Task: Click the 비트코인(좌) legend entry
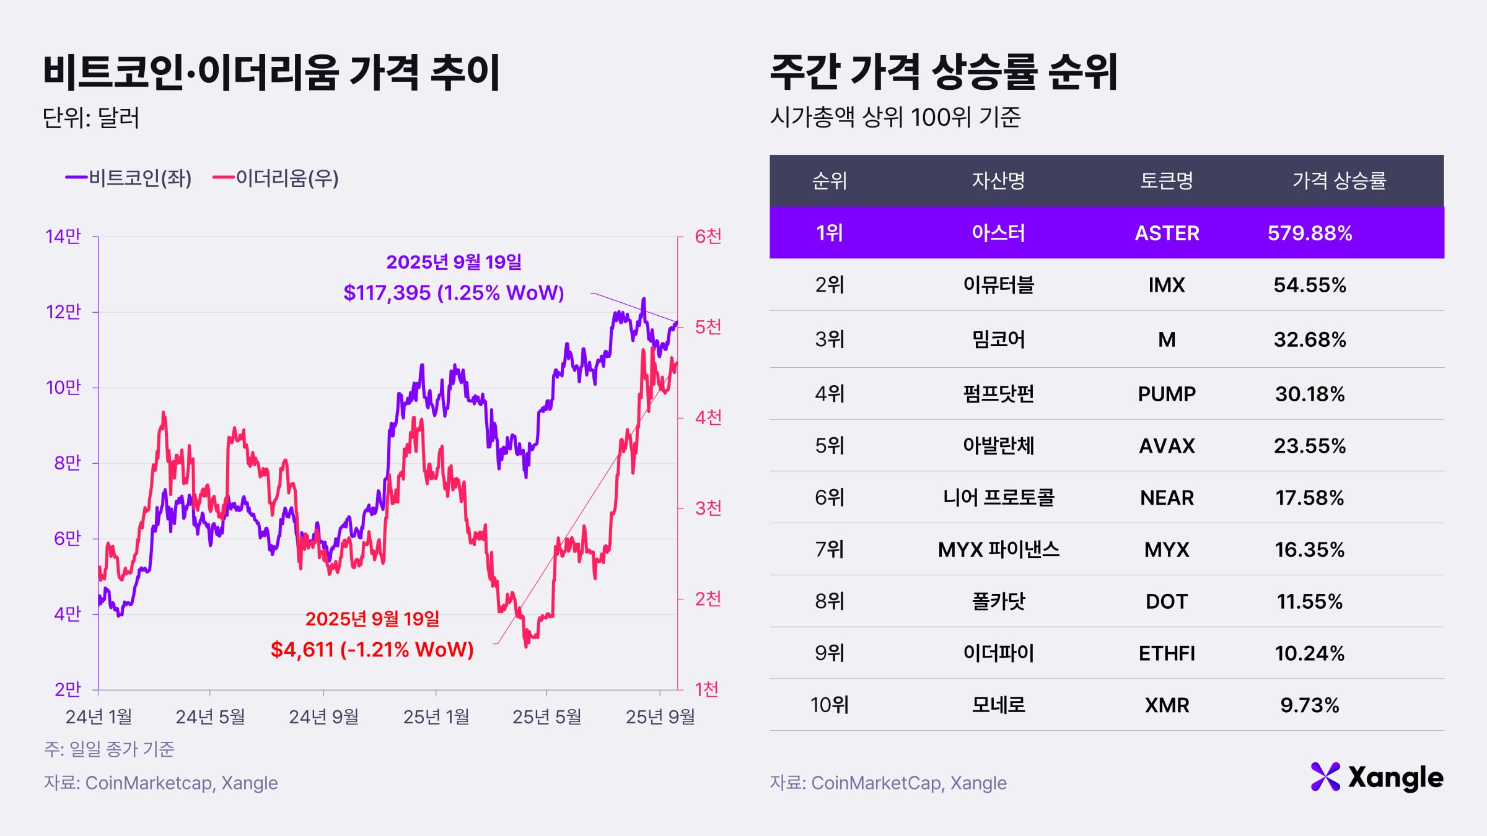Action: pos(129,178)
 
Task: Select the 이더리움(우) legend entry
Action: pos(276,178)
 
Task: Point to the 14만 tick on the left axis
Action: pos(63,237)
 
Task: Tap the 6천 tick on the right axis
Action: pos(708,237)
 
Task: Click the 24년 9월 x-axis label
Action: pos(323,716)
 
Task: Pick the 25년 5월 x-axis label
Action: pos(546,716)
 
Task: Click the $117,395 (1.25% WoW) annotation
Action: pos(454,292)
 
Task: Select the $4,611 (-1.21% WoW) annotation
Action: pos(372,649)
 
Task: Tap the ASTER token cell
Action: pos(1167,233)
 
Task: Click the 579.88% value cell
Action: pos(1309,233)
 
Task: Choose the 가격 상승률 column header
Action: pos(1338,181)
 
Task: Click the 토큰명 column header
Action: pos(1167,181)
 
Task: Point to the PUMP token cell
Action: pos(1167,394)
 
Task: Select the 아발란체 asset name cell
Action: pos(998,446)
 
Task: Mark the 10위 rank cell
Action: pos(829,705)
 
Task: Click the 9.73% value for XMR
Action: pos(1309,705)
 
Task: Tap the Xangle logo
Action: pos(1377,777)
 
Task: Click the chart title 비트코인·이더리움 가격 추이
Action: pos(271,72)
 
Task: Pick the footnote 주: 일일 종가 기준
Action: pos(109,749)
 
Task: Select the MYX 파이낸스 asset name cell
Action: pos(998,549)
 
